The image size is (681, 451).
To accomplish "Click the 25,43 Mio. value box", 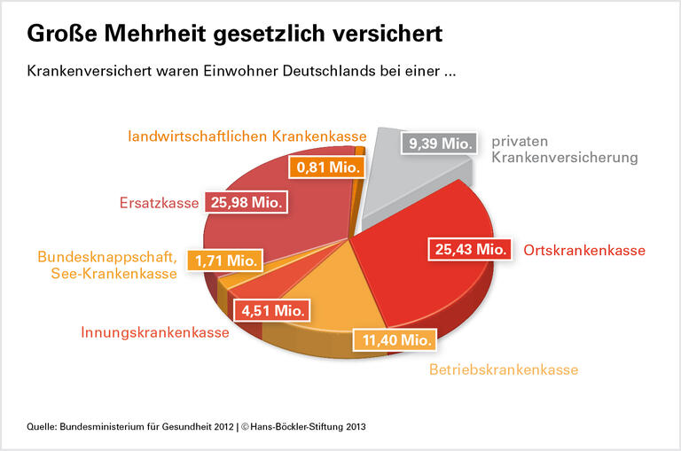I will pos(471,250).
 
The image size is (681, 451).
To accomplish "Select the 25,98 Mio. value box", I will pos(247,203).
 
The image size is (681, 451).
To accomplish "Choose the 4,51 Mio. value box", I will pos(272,311).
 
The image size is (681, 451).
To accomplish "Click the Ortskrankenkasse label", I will pos(584,251).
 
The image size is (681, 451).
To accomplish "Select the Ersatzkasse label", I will pos(160,204).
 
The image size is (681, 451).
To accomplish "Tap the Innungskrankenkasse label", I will pos(155,333).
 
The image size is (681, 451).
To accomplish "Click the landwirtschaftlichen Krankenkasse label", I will pos(247,136).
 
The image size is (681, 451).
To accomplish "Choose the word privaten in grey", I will pos(521,141).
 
